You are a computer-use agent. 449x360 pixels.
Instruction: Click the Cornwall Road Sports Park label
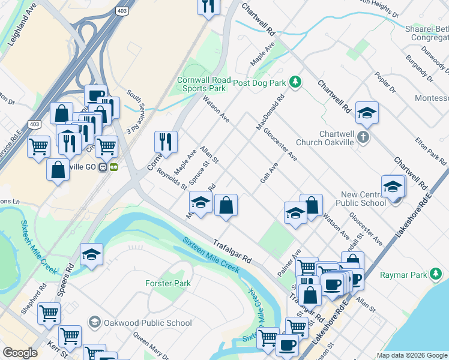(202, 84)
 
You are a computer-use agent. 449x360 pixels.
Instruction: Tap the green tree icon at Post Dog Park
(295, 82)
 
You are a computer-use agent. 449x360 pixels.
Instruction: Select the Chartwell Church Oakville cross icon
(363, 138)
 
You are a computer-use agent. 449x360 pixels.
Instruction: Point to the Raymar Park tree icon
(437, 275)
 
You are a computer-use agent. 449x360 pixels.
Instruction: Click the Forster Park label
(167, 283)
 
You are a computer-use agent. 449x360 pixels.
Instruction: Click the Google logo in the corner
(20, 353)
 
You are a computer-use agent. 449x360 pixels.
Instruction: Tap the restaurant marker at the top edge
(208, 6)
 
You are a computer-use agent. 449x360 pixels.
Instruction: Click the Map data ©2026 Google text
(411, 355)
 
